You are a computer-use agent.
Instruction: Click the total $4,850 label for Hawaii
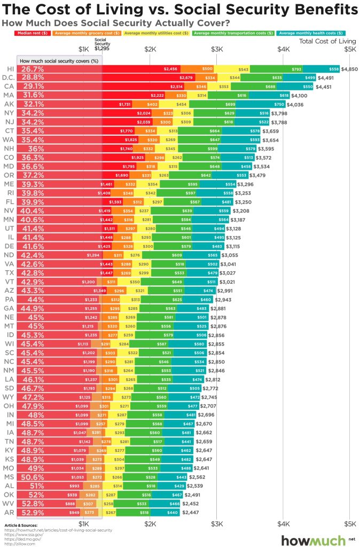(350, 69)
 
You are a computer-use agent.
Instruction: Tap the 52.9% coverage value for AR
(33, 512)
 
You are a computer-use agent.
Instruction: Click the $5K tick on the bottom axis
(349, 523)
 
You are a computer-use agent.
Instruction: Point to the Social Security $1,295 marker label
(101, 45)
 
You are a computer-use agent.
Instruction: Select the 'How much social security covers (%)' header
(59, 61)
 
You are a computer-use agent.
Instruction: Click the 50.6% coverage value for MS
(33, 477)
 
